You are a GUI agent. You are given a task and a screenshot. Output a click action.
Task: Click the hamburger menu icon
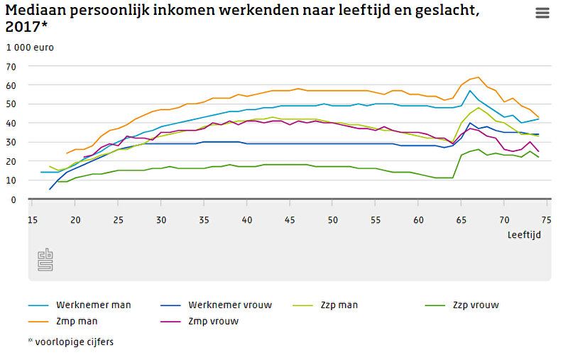click(543, 13)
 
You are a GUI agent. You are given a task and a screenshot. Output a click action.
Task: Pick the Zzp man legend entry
click(337, 305)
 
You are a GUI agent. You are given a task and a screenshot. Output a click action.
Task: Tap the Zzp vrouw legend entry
click(475, 305)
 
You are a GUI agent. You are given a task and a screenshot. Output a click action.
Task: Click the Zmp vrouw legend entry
click(212, 321)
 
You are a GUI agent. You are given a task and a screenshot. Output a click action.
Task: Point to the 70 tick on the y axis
click(11, 66)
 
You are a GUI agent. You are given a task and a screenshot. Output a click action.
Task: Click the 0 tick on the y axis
click(13, 200)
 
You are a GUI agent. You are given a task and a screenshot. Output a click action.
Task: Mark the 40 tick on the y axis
click(11, 124)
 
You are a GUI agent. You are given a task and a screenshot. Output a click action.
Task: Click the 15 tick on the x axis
click(32, 219)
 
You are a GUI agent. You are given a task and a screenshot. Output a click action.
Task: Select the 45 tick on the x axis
click(290, 219)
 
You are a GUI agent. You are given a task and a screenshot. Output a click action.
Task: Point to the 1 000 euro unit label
click(30, 48)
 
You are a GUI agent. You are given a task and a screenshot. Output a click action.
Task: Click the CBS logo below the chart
click(46, 261)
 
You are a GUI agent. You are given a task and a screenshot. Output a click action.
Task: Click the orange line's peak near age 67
click(479, 77)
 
